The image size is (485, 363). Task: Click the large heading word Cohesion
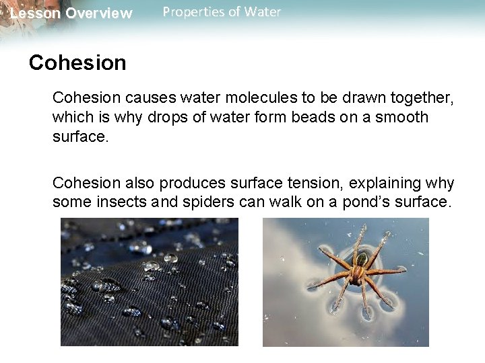pyautogui.click(x=77, y=63)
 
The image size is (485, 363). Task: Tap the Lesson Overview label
pyautogui.click(x=71, y=13)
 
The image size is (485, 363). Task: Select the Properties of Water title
pyautogui.click(x=222, y=12)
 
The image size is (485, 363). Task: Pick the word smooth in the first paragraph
pyautogui.click(x=401, y=118)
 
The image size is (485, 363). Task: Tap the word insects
pyautogui.click(x=117, y=202)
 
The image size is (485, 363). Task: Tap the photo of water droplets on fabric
pyautogui.click(x=149, y=282)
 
